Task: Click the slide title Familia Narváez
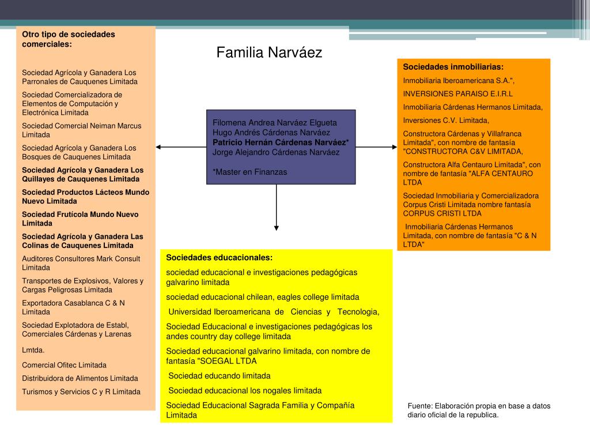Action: coord(269,53)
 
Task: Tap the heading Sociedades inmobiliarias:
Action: coord(453,67)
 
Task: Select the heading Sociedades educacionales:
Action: coord(219,257)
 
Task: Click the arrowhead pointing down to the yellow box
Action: coord(277,227)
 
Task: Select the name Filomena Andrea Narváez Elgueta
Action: coord(274,122)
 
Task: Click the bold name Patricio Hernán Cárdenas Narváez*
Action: coord(281,142)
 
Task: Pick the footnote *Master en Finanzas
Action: coord(249,172)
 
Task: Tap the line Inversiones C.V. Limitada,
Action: coord(446,120)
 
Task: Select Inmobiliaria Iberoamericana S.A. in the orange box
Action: coord(459,80)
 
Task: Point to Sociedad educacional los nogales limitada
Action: coord(245,391)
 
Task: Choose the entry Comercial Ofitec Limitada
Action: coord(64,365)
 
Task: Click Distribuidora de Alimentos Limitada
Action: coord(80,378)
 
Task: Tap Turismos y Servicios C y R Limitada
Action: coord(81,392)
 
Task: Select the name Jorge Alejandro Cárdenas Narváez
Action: coord(275,152)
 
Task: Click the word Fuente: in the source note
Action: coord(420,406)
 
